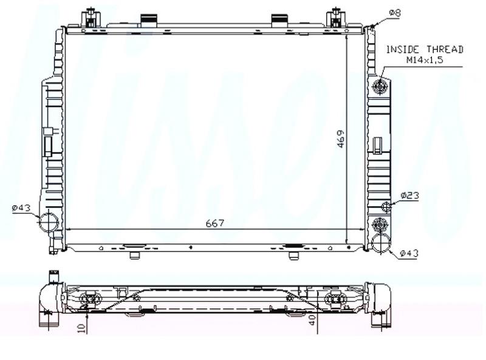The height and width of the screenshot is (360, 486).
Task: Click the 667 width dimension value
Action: (215, 223)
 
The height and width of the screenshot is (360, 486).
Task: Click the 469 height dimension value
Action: (341, 139)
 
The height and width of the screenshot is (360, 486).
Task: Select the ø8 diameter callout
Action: (395, 13)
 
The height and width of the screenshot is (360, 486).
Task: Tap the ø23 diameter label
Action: (409, 195)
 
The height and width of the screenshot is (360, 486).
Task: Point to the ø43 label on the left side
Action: (21, 208)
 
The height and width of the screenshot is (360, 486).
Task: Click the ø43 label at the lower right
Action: (409, 253)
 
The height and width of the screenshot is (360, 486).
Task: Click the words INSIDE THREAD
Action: (425, 49)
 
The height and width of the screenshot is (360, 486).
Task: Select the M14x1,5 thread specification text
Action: (425, 59)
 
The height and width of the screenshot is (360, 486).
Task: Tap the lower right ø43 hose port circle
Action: (381, 243)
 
